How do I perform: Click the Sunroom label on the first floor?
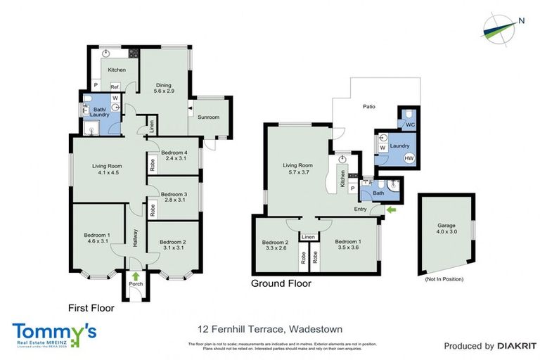208,117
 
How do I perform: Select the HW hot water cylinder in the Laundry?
409,159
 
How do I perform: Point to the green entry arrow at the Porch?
134,276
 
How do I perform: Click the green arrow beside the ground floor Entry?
391,209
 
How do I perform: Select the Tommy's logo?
54,333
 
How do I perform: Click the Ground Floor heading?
281,284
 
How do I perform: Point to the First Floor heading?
91,307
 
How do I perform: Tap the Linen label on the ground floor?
308,238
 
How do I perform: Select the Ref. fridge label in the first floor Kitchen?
113,86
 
